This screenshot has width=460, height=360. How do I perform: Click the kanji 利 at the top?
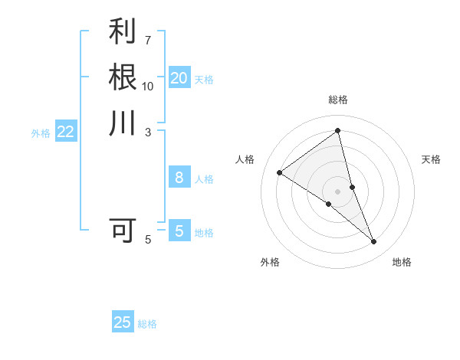click(123, 32)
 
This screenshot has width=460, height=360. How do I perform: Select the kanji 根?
click(123, 77)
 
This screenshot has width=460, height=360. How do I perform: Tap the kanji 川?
click(123, 123)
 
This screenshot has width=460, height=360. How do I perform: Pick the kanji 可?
click(123, 230)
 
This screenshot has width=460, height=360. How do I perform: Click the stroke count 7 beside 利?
click(148, 39)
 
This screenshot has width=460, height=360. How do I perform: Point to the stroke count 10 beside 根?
click(148, 85)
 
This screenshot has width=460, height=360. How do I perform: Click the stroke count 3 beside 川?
click(148, 132)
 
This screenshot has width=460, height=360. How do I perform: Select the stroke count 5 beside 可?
click(148, 240)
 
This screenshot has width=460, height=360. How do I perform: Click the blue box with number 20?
click(179, 78)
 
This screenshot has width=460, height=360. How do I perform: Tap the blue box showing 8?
click(179, 178)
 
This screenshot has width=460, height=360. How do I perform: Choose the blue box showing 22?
click(66, 132)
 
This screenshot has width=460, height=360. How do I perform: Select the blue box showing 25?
click(123, 322)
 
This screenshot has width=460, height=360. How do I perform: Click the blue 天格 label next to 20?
click(204, 80)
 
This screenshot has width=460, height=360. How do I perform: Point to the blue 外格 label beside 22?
click(41, 133)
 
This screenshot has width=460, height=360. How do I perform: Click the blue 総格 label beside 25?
click(147, 324)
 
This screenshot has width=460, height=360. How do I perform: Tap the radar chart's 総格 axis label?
click(338, 100)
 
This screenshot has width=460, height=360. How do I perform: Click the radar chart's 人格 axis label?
click(245, 159)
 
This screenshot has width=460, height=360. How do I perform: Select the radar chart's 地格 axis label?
click(402, 262)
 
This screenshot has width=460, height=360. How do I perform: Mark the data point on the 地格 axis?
click(374, 242)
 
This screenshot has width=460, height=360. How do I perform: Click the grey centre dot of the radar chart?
click(338, 191)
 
